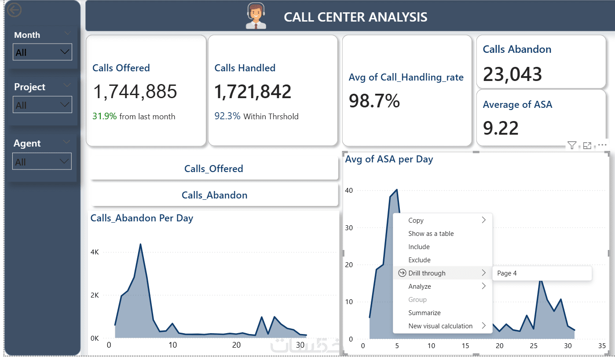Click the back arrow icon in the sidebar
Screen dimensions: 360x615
[x=15, y=10]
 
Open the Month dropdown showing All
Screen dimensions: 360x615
[x=42, y=52]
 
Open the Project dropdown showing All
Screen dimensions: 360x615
[x=42, y=105]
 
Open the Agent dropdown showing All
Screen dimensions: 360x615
[x=42, y=162]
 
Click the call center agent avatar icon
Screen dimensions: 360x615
[x=256, y=16]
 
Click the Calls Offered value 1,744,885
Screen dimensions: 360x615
[x=135, y=92]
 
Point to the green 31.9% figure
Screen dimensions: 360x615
[x=105, y=117]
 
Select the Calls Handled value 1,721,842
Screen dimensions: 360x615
[x=253, y=92]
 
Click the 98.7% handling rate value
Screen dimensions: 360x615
[x=374, y=101]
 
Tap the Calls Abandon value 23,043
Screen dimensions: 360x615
[x=512, y=74]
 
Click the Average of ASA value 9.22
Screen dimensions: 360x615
[x=501, y=128]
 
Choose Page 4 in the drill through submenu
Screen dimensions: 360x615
[x=507, y=273]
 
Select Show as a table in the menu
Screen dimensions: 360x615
[x=431, y=234]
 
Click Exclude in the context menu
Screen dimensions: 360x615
[x=419, y=260]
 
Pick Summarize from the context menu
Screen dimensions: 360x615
[x=424, y=313]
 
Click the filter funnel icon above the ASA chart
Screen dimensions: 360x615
[x=571, y=145]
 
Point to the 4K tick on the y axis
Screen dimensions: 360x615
[x=95, y=252]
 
